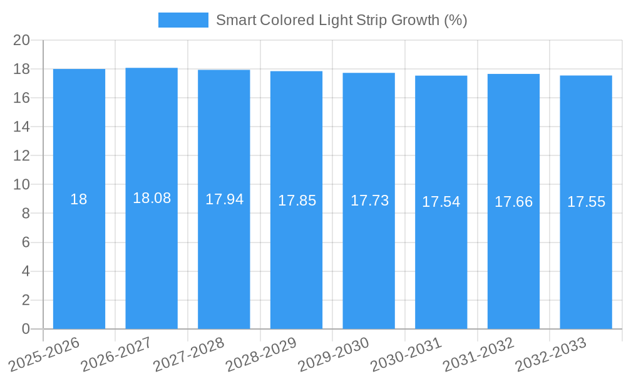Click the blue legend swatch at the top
point(183,20)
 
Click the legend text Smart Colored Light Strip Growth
point(341,20)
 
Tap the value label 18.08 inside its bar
point(151,198)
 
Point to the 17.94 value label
point(224,199)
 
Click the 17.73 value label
point(369,201)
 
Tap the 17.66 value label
point(513,202)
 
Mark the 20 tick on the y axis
point(21,40)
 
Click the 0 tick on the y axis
point(26,329)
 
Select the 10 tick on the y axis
point(21,185)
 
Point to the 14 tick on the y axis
point(21,127)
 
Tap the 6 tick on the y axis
point(26,243)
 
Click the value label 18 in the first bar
point(79,199)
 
